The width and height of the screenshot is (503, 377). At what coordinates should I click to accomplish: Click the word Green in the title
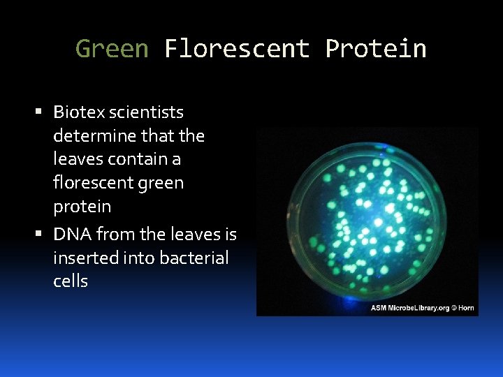coord(112,49)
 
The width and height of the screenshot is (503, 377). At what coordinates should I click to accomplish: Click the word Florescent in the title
coord(237,49)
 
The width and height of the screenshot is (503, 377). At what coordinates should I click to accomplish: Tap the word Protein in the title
coord(376,49)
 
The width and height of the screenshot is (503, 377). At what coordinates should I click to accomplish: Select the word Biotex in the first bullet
coord(79,112)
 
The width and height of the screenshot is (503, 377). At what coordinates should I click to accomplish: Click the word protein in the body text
coord(82,207)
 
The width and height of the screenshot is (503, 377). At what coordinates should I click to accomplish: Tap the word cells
coord(71,281)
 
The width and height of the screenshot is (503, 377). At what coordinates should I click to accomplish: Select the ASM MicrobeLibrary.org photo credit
coord(409,308)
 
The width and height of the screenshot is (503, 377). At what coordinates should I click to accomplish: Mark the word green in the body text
coord(160,183)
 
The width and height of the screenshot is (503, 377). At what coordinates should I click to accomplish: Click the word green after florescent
coord(160,183)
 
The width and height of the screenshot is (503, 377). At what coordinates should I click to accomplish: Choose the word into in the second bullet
coord(142,258)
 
